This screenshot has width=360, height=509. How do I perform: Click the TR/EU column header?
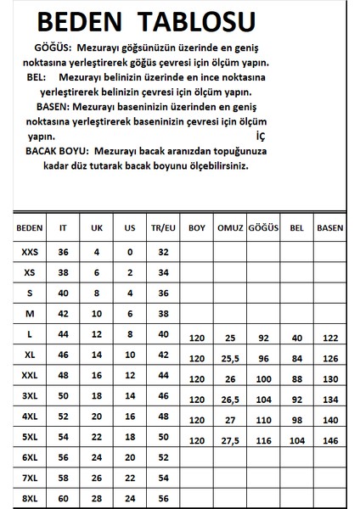(164, 228)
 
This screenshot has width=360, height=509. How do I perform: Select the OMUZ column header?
(230, 228)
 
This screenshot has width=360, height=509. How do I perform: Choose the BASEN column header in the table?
(329, 228)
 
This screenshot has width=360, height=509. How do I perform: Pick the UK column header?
(96, 228)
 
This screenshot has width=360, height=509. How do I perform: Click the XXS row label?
(30, 252)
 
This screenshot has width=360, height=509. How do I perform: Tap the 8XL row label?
(30, 498)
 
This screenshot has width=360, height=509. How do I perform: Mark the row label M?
(30, 313)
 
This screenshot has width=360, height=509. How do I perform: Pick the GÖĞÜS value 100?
(263, 379)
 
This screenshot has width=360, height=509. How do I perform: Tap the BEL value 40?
(296, 338)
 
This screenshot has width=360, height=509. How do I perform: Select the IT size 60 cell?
(63, 498)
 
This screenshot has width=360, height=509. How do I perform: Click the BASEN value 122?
(329, 338)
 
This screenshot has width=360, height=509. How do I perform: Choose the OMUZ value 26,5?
(230, 400)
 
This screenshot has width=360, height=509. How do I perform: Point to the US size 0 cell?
(130, 252)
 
